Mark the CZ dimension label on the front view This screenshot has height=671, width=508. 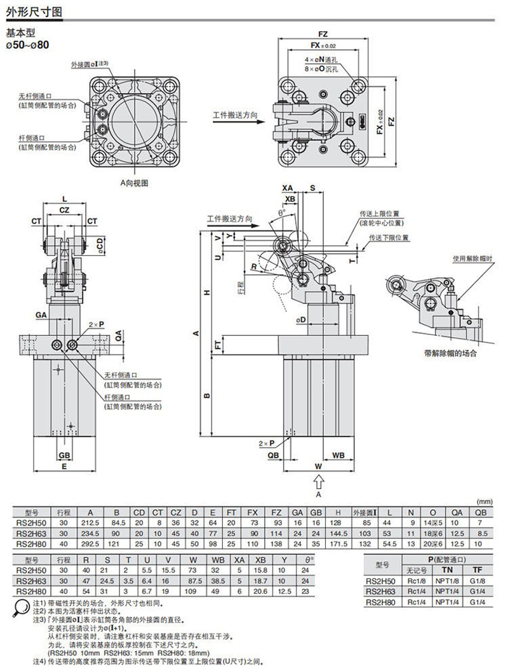pos(64,209)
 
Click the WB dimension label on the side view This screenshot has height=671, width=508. pos(338,455)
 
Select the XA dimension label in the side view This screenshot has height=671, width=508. pos(288,188)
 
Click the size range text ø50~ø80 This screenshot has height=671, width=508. pos(27,45)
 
